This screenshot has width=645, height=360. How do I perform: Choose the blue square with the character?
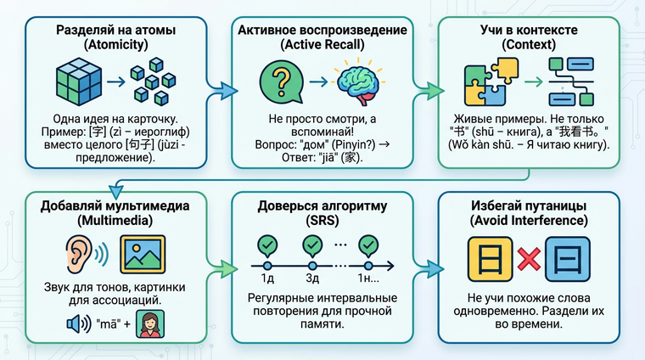point(568,254)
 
